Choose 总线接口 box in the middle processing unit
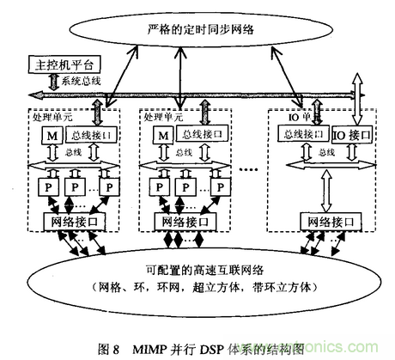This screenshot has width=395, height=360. click(x=201, y=134)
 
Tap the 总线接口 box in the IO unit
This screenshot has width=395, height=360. click(x=304, y=135)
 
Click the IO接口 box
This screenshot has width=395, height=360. click(x=353, y=135)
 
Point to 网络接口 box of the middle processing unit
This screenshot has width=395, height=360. click(x=184, y=223)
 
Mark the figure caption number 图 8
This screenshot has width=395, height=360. click(x=112, y=349)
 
